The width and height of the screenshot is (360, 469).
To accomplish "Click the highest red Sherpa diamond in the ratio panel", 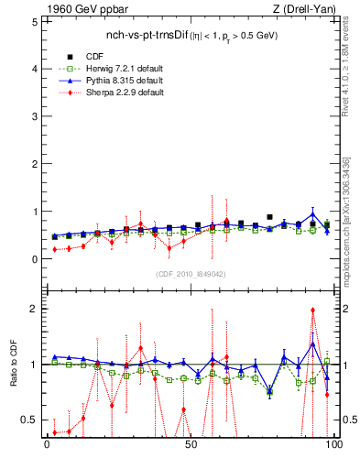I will pos(313,310).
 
